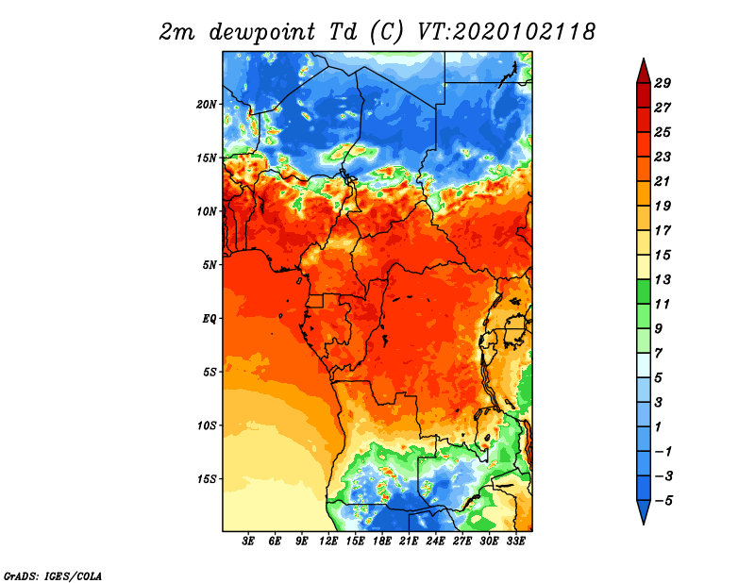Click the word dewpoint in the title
click(x=262, y=32)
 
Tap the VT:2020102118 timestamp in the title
click(x=506, y=32)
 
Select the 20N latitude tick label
click(x=207, y=105)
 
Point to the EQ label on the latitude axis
click(x=209, y=319)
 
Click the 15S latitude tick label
click(x=207, y=479)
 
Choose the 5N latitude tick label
click(x=210, y=265)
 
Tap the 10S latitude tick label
click(x=207, y=425)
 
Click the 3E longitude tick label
click(x=248, y=541)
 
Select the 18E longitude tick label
click(x=382, y=541)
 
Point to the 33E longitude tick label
click(x=515, y=541)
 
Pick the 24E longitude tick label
click(x=435, y=541)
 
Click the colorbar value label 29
click(x=663, y=83)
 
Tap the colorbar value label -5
click(x=663, y=501)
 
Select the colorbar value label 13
click(x=663, y=279)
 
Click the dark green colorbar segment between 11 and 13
click(x=644, y=291)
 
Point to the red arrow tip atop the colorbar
click(x=644, y=59)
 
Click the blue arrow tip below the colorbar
click(x=644, y=524)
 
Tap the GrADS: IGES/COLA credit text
click(x=53, y=575)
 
